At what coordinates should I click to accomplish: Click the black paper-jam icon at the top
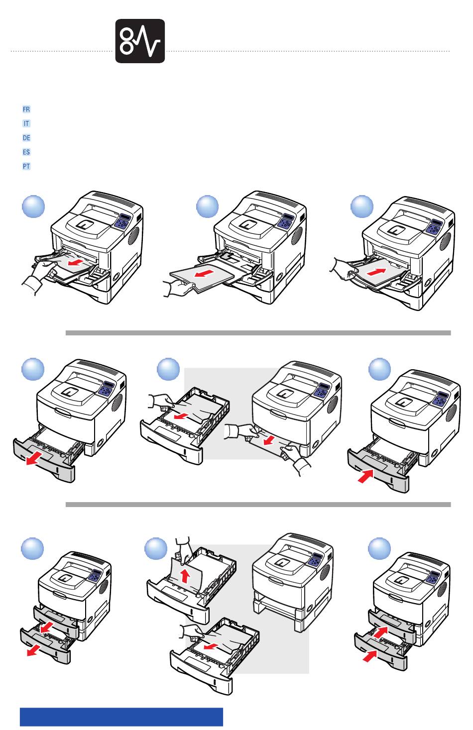tap(140, 41)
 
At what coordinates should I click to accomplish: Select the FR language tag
tap(26, 109)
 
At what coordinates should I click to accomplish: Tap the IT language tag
tap(26, 123)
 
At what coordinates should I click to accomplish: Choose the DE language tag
tap(26, 138)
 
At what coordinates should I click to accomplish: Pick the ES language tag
tap(26, 152)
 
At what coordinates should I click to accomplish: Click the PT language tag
tap(26, 167)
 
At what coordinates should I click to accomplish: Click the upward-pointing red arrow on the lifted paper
tap(185, 576)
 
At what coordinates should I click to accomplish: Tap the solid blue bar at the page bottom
tap(121, 717)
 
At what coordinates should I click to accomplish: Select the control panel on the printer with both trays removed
tap(314, 560)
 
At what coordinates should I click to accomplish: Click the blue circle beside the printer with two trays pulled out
tap(32, 549)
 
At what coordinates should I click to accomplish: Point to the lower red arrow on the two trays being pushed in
tap(369, 657)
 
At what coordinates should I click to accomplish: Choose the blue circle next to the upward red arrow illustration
tap(156, 549)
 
